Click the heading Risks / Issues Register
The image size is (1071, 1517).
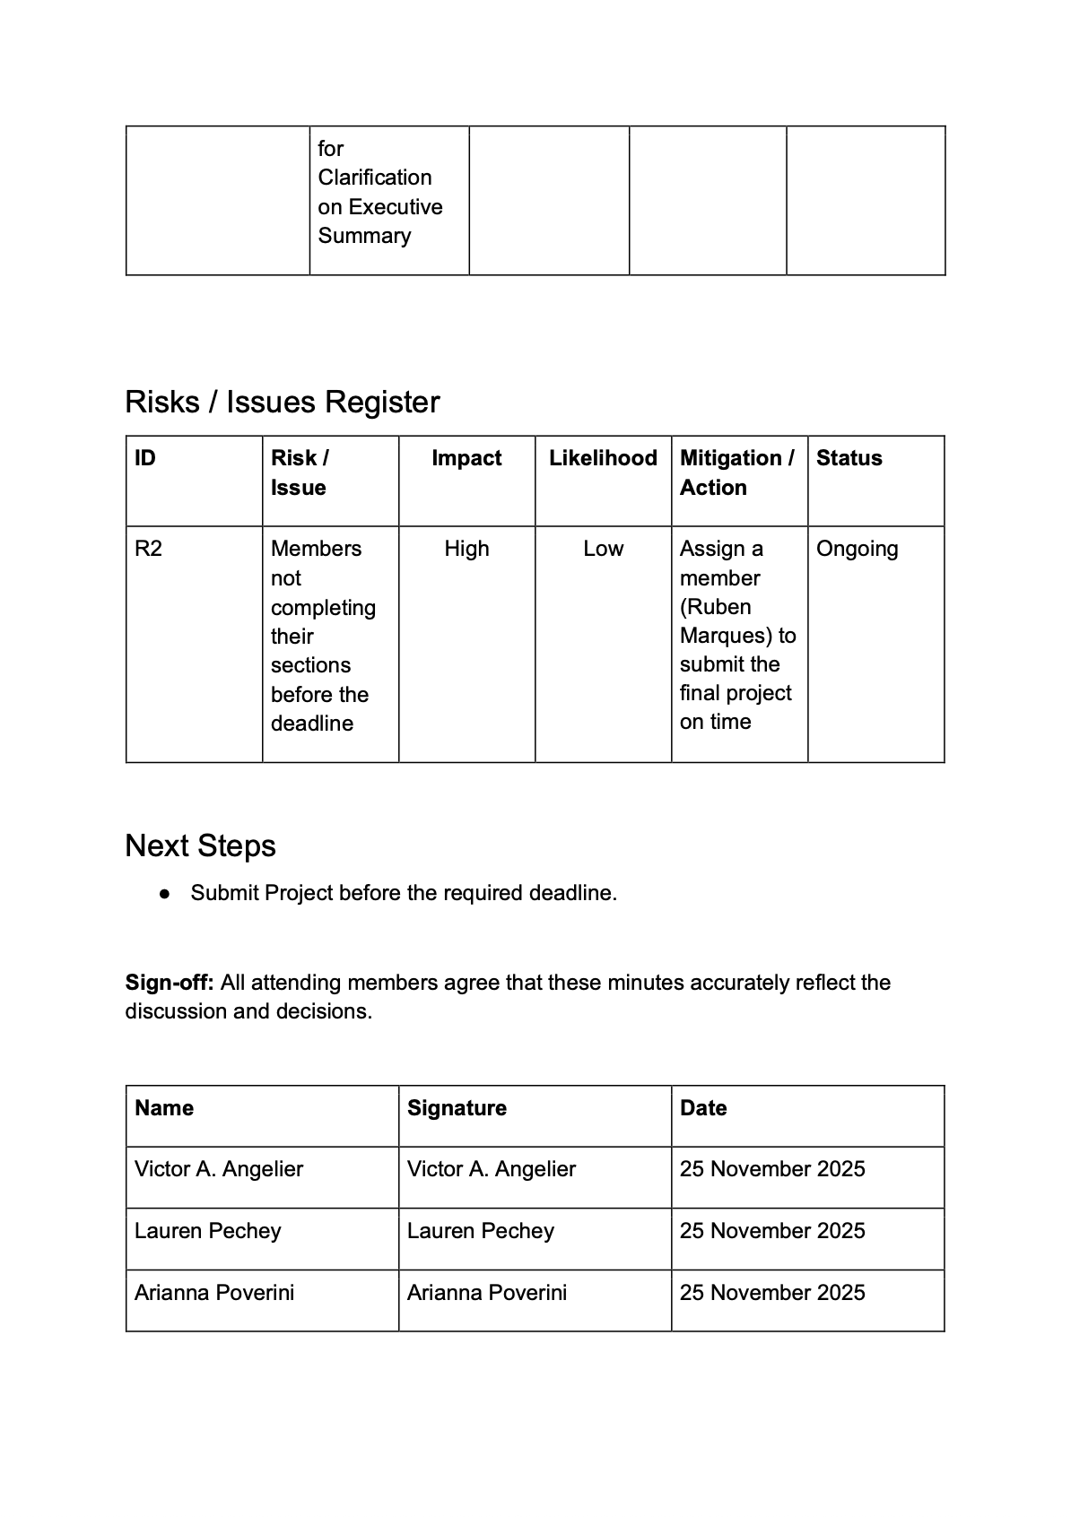pyautogui.click(x=283, y=402)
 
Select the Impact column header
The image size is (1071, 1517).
pyautogui.click(x=466, y=458)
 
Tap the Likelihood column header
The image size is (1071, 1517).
pyautogui.click(x=603, y=458)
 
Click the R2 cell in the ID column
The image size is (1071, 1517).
pyautogui.click(x=149, y=549)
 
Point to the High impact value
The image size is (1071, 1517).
pyautogui.click(x=466, y=549)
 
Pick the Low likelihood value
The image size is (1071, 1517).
pyautogui.click(x=603, y=549)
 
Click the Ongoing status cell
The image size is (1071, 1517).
pyautogui.click(x=857, y=549)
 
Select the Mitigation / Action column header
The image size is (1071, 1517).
pyautogui.click(x=736, y=472)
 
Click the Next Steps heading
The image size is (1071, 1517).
pyautogui.click(x=201, y=845)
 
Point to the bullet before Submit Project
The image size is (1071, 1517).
pyautogui.click(x=164, y=894)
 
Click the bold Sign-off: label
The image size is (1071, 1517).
pyautogui.click(x=170, y=983)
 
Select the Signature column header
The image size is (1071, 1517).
pyautogui.click(x=457, y=1108)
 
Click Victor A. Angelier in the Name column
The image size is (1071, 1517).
pyautogui.click(x=219, y=1169)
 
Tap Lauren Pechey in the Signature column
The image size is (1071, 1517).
pyautogui.click(x=480, y=1231)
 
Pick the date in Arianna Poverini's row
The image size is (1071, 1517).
pyautogui.click(x=772, y=1293)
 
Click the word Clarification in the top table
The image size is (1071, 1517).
pyautogui.click(x=374, y=178)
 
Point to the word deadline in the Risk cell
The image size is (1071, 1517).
pyautogui.click(x=312, y=724)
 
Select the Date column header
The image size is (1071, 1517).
pyautogui.click(x=703, y=1108)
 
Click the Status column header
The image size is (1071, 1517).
pyautogui.click(x=849, y=458)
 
